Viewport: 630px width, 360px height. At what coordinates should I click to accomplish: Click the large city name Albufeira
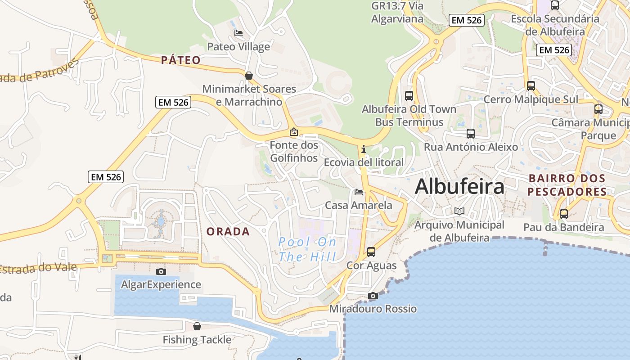pyautogui.click(x=459, y=186)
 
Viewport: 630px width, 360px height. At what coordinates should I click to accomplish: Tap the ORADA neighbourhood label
pyautogui.click(x=228, y=232)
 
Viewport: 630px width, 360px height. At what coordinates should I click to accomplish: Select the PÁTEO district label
pyautogui.click(x=181, y=60)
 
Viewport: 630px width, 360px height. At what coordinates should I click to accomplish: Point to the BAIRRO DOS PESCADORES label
pyautogui.click(x=567, y=185)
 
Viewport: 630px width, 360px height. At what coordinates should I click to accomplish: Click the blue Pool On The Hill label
pyautogui.click(x=307, y=249)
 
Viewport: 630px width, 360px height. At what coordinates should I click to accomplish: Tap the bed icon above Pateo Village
pyautogui.click(x=238, y=33)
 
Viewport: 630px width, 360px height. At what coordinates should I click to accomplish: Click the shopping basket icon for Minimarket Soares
pyautogui.click(x=248, y=76)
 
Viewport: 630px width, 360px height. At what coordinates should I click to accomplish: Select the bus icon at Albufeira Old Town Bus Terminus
pyautogui.click(x=409, y=95)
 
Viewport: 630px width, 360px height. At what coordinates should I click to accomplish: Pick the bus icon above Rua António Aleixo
pyautogui.click(x=471, y=134)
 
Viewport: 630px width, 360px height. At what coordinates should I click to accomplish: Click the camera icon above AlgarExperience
pyautogui.click(x=161, y=271)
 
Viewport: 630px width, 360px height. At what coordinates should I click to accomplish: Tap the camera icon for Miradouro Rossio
pyautogui.click(x=373, y=296)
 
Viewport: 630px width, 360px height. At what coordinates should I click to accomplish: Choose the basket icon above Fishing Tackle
pyautogui.click(x=197, y=326)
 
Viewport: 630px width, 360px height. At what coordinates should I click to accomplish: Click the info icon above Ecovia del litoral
pyautogui.click(x=364, y=149)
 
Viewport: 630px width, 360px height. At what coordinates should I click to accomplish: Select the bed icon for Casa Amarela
pyautogui.click(x=359, y=192)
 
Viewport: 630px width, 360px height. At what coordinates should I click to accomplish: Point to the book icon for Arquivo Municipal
pyautogui.click(x=459, y=211)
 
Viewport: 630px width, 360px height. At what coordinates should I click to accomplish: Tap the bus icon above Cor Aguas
pyautogui.click(x=371, y=252)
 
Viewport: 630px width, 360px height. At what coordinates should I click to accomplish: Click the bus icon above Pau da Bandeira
pyautogui.click(x=564, y=214)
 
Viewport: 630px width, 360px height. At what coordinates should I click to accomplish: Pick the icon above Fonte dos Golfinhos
pyautogui.click(x=294, y=132)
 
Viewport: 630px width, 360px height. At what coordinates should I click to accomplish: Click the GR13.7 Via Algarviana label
pyautogui.click(x=397, y=12)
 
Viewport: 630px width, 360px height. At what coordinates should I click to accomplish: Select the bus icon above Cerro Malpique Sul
pyautogui.click(x=531, y=85)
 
